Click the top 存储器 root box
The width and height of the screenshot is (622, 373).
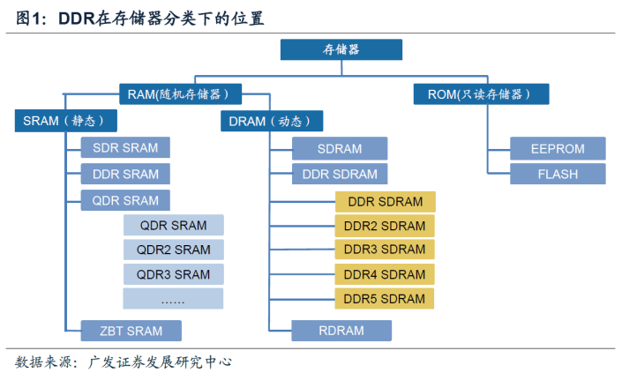coord(341,49)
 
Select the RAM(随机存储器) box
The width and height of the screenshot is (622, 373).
coord(181,94)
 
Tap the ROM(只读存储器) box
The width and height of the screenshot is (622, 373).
coord(481,94)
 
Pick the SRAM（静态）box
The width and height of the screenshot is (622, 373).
coord(66,121)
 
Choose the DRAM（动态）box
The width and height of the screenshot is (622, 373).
coord(272,121)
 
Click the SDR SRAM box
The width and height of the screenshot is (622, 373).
coord(125,147)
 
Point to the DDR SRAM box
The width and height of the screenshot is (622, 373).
coord(125,174)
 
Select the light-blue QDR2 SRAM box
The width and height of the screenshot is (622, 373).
coord(173,250)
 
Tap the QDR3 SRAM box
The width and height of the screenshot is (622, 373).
coord(173,274)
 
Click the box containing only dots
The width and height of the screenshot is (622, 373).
coord(173,298)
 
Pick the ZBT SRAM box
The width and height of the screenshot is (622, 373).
coord(131,331)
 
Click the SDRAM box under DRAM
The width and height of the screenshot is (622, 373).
coord(340,149)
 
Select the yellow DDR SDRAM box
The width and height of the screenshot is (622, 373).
coord(386,202)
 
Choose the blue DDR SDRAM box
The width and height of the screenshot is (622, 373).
coord(340,174)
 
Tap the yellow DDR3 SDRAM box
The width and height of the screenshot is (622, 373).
coord(385,250)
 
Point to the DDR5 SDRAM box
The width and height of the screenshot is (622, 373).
coord(384,298)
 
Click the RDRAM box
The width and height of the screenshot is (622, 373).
coord(341,331)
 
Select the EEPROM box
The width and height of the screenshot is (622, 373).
coord(558,149)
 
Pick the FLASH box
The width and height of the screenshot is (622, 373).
coord(558,174)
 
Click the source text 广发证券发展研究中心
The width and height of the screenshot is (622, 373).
coord(160,362)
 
